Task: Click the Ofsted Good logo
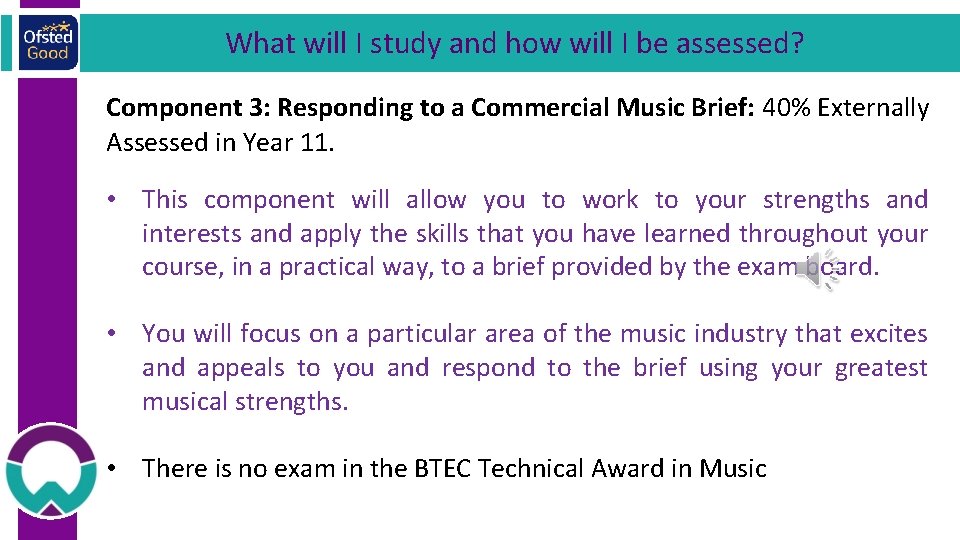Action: pyautogui.click(x=47, y=42)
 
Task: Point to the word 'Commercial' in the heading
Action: pyautogui.click(x=528, y=108)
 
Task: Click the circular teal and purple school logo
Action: pyautogui.click(x=50, y=471)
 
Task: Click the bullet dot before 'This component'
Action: pyautogui.click(x=118, y=200)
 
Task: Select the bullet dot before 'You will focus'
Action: pyautogui.click(x=118, y=334)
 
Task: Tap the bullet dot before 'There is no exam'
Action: pyautogui.click(x=118, y=468)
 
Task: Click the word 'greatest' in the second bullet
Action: pyautogui.click(x=881, y=368)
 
